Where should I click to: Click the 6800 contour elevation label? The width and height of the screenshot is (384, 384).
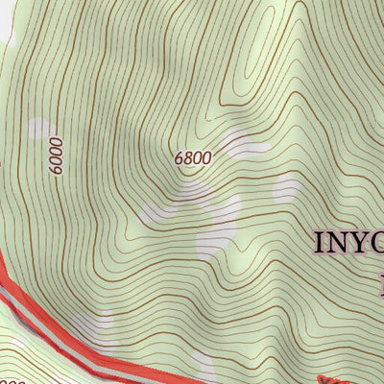click(193, 156)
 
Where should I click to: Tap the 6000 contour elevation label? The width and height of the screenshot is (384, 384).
click(57, 155)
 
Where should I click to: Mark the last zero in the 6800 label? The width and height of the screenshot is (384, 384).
click(206, 154)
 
